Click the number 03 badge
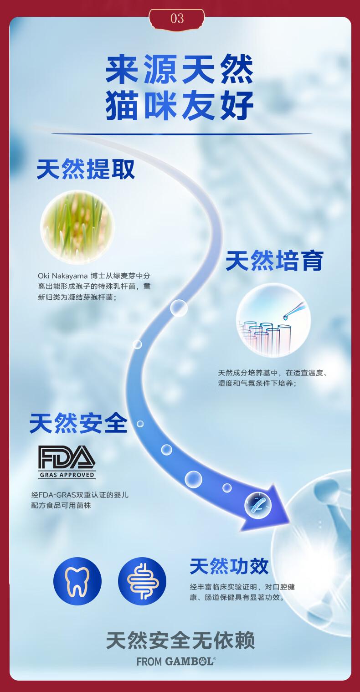point(177,18)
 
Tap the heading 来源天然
point(180,69)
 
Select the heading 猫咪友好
point(180,106)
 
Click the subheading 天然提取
point(86,169)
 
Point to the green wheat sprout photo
point(77,227)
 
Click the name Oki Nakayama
point(63,276)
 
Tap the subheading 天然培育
point(274,261)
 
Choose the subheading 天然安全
point(78,423)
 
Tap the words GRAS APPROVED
point(67,475)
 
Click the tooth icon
point(77,581)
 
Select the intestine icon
point(142,581)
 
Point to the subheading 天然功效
point(229,566)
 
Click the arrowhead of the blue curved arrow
point(269,508)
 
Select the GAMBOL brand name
point(189,662)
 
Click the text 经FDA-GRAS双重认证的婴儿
point(80,495)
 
